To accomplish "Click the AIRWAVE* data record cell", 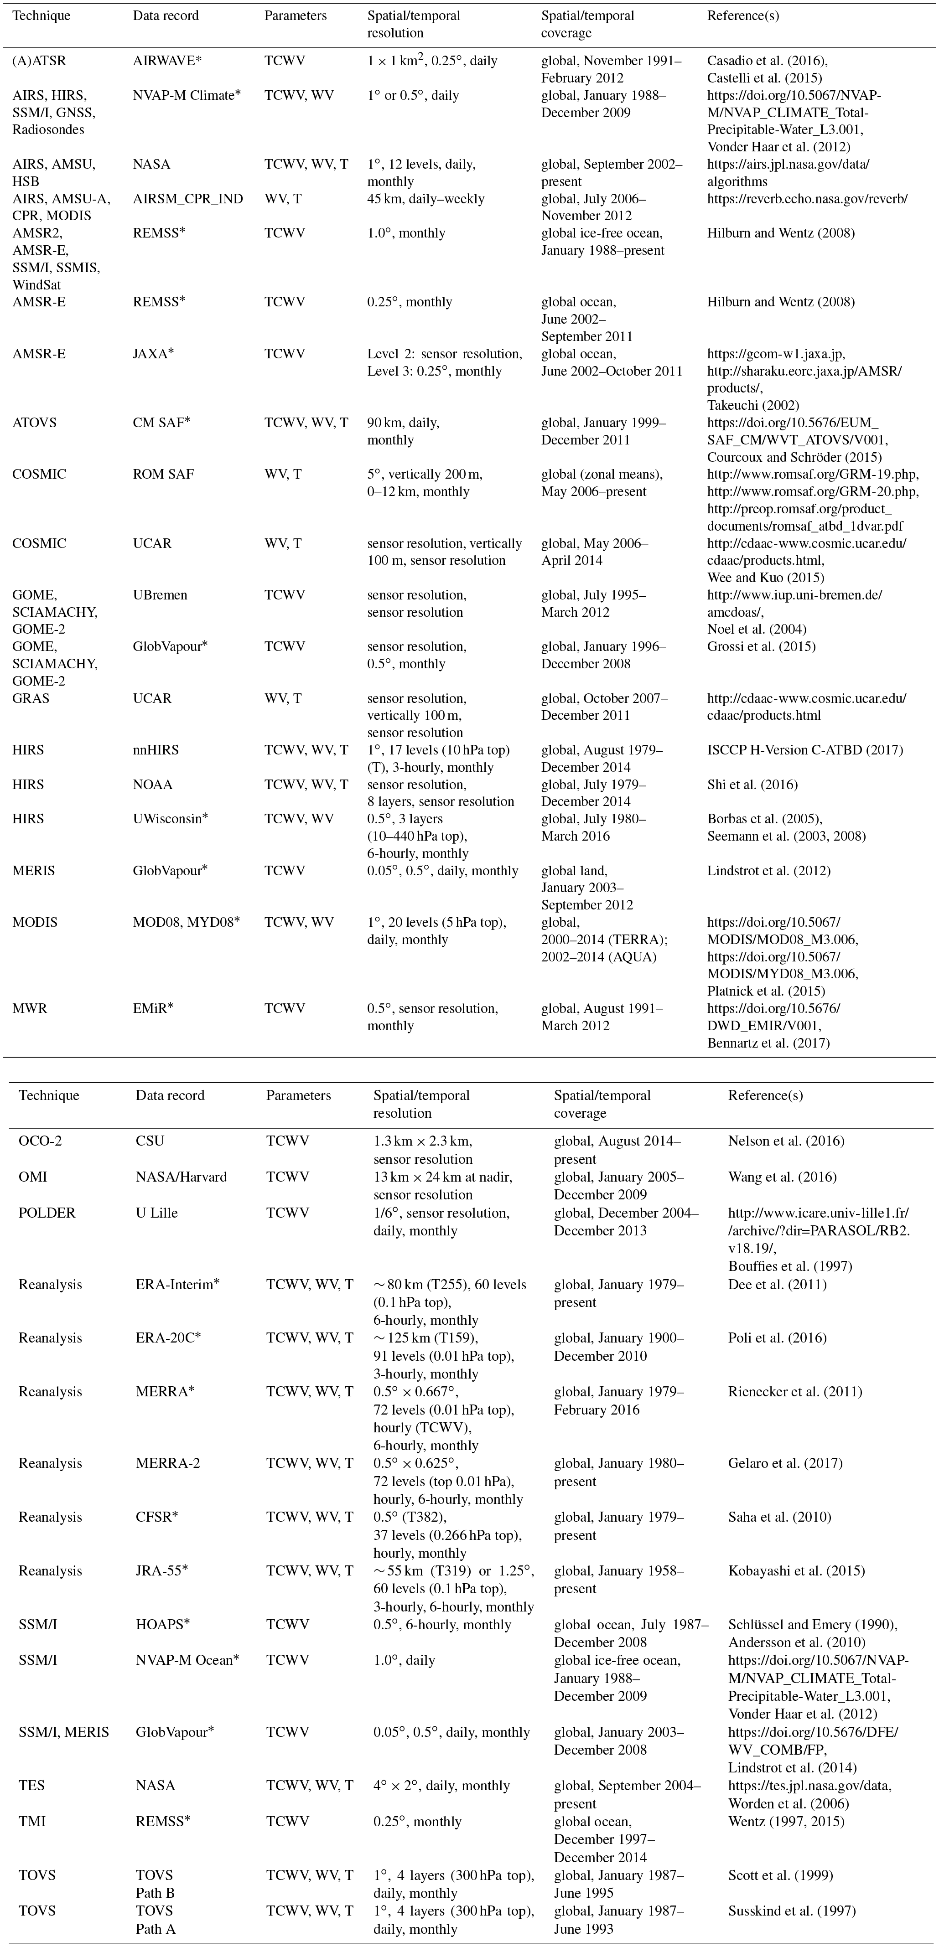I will point(163,61).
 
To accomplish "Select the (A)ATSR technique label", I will point(39,61).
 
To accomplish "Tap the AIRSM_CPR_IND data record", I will point(187,199).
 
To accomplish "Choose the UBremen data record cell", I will point(160,595).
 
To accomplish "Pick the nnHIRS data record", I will point(156,750).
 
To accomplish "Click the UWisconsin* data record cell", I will point(170,819).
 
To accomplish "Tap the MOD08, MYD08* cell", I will point(186,922).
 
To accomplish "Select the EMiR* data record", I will point(153,1008).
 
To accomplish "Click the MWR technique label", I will point(30,1008).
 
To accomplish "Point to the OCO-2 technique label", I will point(40,1141).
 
